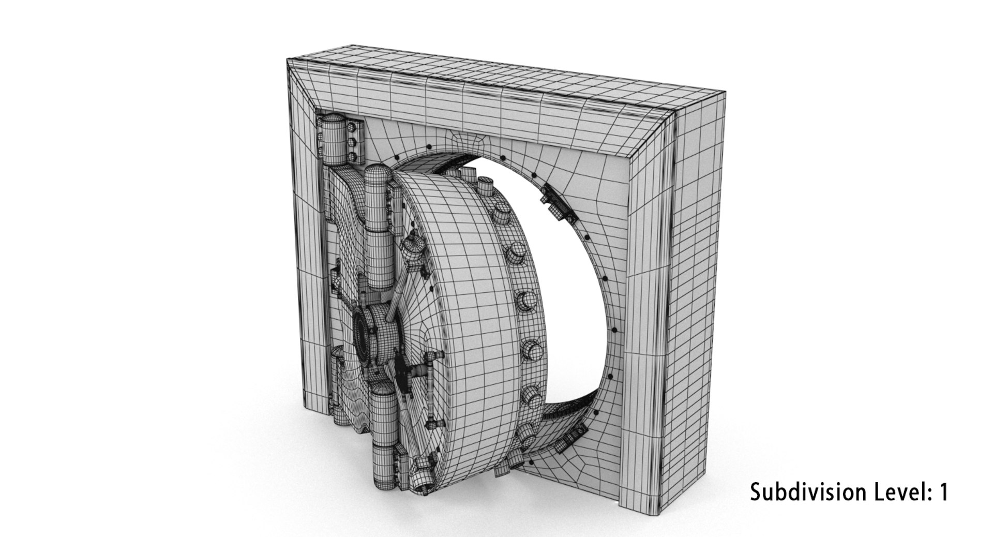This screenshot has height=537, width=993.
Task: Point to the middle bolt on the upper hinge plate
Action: [x=353, y=141]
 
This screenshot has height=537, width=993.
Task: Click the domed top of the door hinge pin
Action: [x=376, y=174]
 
